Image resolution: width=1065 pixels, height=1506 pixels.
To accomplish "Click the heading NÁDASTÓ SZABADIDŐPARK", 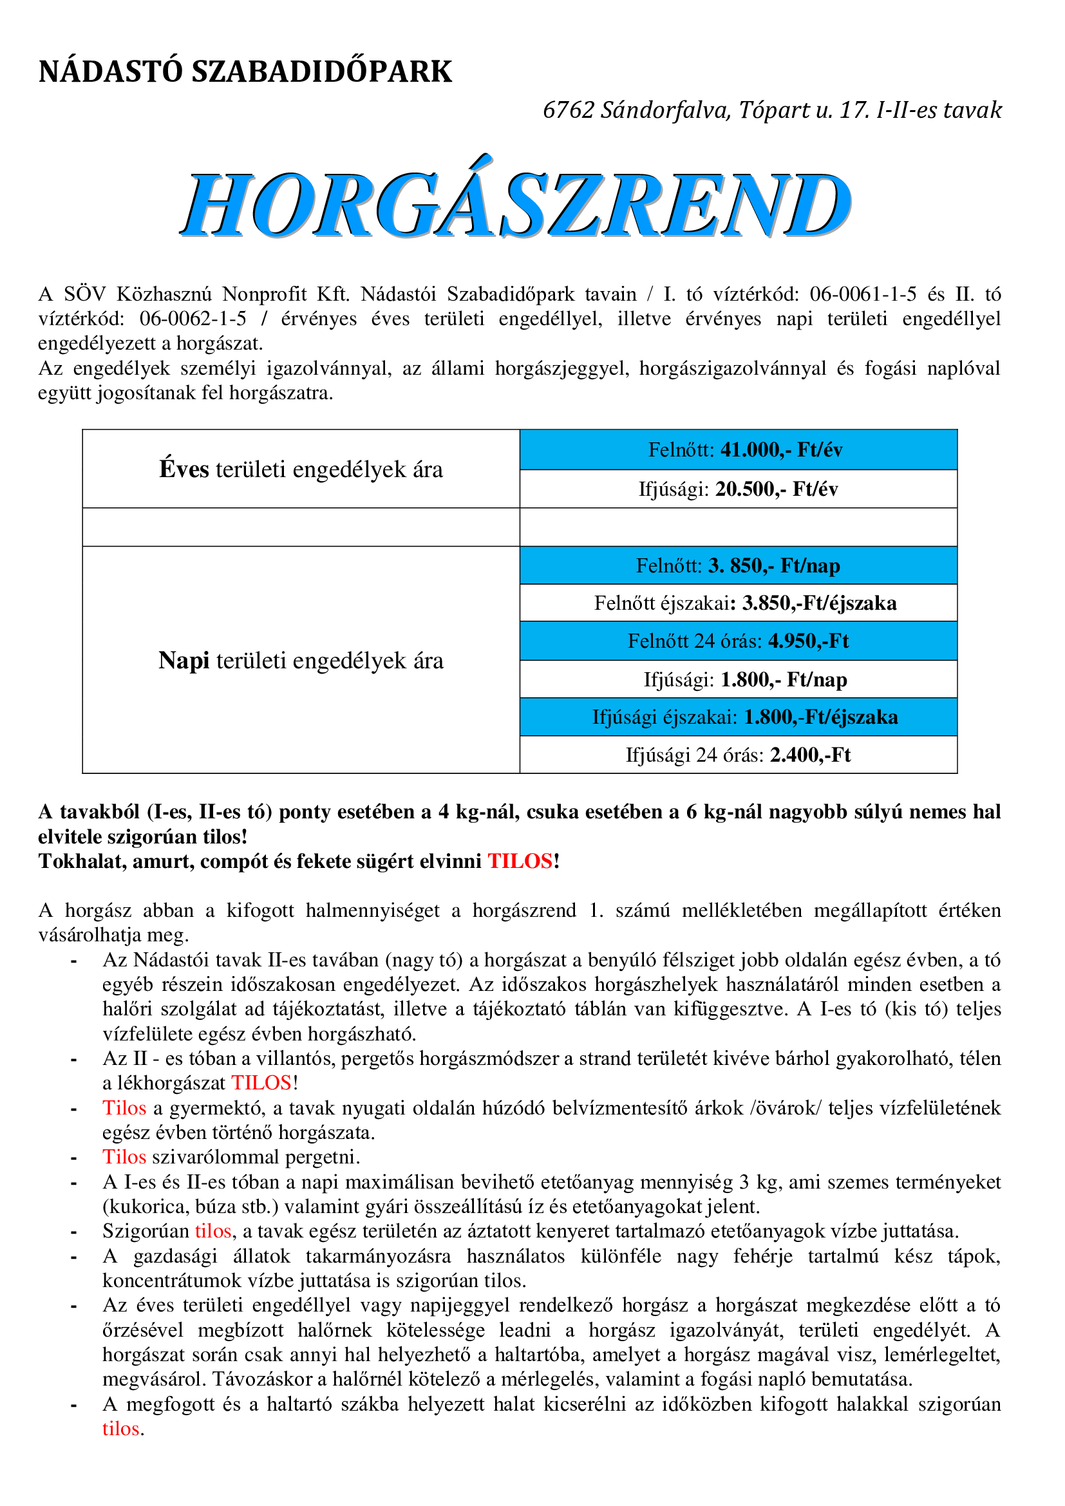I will [x=245, y=71].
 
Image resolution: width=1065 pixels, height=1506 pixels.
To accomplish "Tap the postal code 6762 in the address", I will [x=568, y=110].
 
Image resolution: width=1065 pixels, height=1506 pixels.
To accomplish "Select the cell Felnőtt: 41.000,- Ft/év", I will [x=739, y=450].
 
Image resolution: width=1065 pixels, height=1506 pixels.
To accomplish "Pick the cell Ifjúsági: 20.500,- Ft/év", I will [x=739, y=489].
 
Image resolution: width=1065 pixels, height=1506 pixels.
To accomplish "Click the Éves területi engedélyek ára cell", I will [x=301, y=469].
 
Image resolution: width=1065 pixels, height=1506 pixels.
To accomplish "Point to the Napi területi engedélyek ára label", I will [x=301, y=661].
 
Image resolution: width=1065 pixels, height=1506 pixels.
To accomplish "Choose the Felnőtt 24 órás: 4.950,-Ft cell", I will [x=739, y=641].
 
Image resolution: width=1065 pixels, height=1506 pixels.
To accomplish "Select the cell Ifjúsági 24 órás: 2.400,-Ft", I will [x=739, y=755].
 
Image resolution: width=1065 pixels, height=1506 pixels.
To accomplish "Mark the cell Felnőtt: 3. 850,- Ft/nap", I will [x=739, y=565].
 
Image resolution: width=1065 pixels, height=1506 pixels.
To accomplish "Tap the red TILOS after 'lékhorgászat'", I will [x=261, y=1082].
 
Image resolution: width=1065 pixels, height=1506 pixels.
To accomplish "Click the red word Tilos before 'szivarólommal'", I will [x=124, y=1156].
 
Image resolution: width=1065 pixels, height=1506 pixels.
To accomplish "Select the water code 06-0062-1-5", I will [x=193, y=319].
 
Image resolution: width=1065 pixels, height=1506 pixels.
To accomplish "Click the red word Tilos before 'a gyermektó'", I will [x=124, y=1108].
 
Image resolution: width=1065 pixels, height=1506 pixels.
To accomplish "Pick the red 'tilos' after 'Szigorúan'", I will [x=213, y=1230].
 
